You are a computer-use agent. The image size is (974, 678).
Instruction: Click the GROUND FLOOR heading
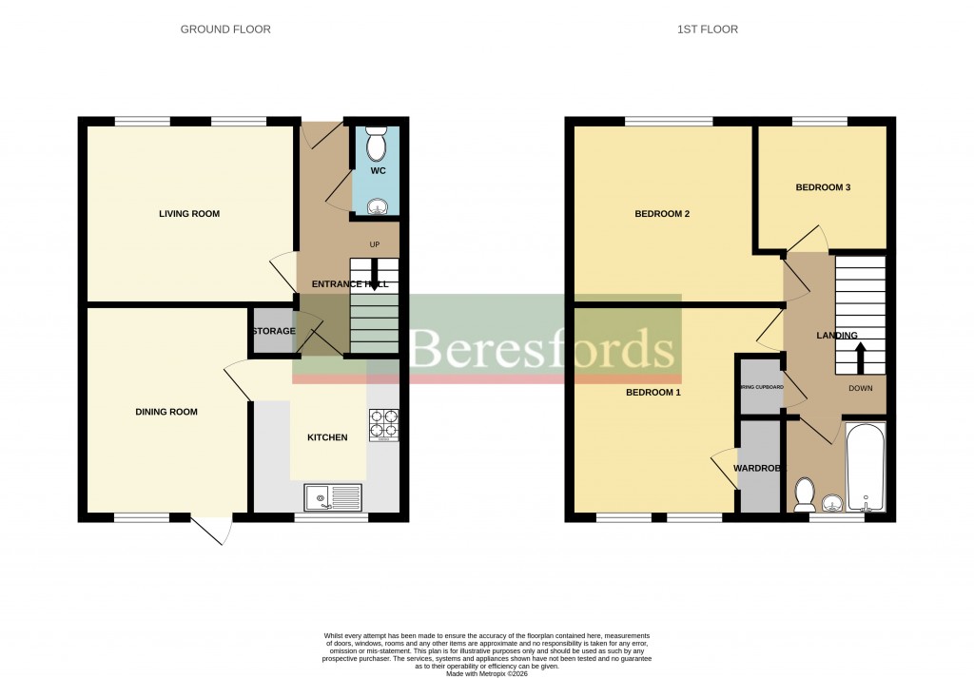(x=225, y=29)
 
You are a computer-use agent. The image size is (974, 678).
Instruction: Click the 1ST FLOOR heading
(x=707, y=29)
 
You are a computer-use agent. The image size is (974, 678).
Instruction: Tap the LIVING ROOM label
(x=188, y=214)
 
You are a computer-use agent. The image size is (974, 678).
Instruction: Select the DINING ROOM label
(x=166, y=412)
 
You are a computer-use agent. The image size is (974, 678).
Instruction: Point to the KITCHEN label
(x=326, y=437)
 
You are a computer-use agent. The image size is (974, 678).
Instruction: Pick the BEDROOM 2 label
(x=661, y=214)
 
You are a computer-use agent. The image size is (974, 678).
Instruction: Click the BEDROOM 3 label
(x=823, y=187)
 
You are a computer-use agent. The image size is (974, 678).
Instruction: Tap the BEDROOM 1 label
(x=653, y=392)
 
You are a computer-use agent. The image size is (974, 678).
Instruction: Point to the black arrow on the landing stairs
(x=861, y=358)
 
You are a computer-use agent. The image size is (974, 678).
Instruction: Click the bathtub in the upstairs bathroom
(x=865, y=469)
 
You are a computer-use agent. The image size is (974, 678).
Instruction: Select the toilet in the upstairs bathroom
(x=805, y=494)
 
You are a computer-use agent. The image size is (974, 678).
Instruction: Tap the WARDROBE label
(x=757, y=469)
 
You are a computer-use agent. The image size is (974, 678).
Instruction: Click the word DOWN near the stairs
(x=860, y=389)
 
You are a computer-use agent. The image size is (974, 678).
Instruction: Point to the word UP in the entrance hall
(x=374, y=244)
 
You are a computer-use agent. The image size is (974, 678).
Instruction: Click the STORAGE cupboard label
(x=273, y=331)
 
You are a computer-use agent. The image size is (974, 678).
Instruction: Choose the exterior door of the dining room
(x=210, y=530)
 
